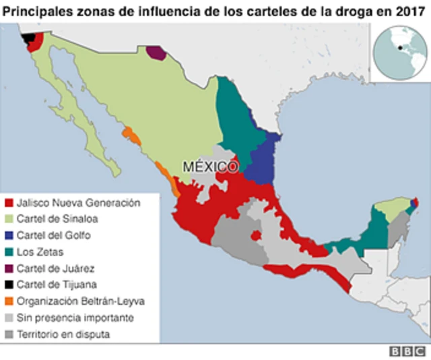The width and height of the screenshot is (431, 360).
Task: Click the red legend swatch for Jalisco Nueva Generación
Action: click(x=9, y=202)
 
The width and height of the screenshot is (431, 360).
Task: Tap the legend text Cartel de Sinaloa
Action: click(x=58, y=218)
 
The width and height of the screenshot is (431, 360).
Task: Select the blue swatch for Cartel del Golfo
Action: click(x=9, y=235)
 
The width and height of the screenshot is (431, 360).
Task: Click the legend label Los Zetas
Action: click(x=40, y=252)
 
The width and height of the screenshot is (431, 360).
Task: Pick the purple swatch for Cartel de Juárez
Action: click(x=9, y=268)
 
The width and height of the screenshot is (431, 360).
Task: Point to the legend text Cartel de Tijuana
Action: click(x=57, y=284)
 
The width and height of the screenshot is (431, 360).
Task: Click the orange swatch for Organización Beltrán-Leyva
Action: click(x=9, y=301)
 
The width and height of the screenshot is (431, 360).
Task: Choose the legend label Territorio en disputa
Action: click(x=63, y=334)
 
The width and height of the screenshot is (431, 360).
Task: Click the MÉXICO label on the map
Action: click(x=210, y=166)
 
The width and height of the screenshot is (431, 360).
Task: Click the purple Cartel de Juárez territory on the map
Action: click(x=156, y=53)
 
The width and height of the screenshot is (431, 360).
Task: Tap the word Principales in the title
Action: click(x=36, y=10)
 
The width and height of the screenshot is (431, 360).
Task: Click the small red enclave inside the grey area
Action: click(x=257, y=236)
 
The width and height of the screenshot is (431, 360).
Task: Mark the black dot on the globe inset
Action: click(x=401, y=48)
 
